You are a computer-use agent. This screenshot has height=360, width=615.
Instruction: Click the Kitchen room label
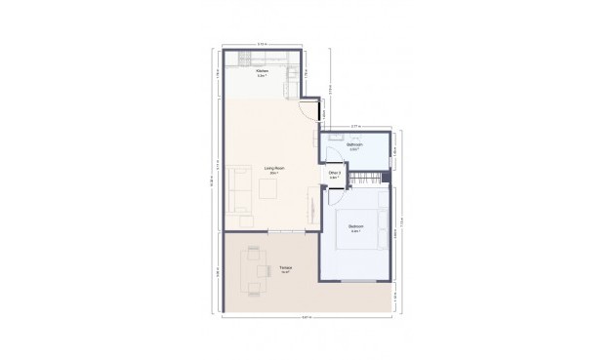[x=262, y=73]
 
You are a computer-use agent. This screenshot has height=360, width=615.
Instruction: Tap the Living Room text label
[x=274, y=170]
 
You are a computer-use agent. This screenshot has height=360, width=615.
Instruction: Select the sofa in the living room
[x=236, y=189]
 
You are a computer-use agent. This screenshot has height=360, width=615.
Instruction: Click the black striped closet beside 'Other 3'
[x=366, y=179]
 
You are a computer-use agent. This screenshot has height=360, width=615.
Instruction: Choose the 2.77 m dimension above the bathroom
[x=355, y=125]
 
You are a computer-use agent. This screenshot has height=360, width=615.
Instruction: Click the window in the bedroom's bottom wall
[x=356, y=282]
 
